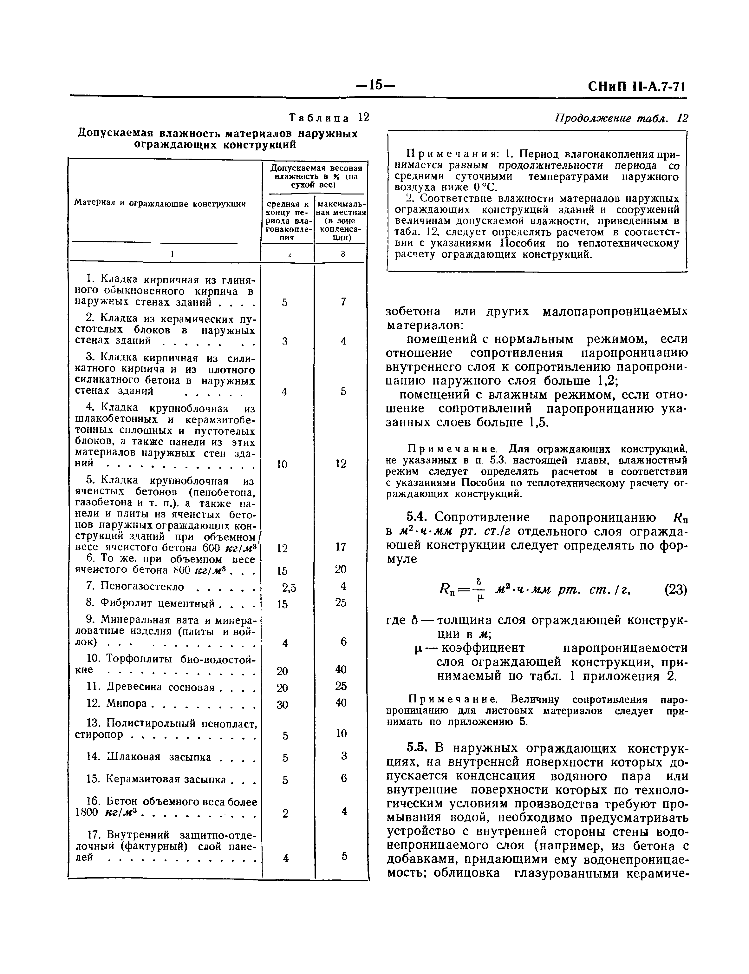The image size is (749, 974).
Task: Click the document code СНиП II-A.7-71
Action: [x=638, y=86]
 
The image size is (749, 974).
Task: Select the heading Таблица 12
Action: [x=329, y=118]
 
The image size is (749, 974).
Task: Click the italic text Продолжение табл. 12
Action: [x=621, y=118]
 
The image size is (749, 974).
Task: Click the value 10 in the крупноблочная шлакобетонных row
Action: [x=282, y=465]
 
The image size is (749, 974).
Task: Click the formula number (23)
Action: [x=675, y=590]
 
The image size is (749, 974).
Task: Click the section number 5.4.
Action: [x=417, y=517]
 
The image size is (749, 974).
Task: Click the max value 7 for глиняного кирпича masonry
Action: [x=343, y=302]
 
